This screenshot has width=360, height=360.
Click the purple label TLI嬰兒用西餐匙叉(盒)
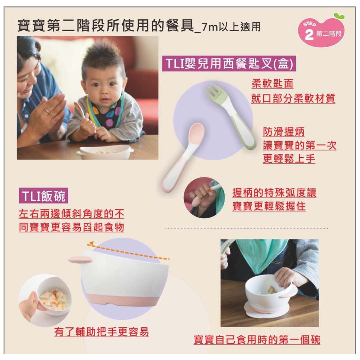pyautogui.click(x=229, y=63)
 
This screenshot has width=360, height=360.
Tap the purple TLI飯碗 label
pyautogui.click(x=44, y=196)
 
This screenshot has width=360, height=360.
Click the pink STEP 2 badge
pyautogui.click(x=321, y=31)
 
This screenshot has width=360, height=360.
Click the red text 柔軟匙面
pyautogui.click(x=272, y=84)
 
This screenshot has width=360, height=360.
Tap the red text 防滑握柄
pyautogui.click(x=284, y=132)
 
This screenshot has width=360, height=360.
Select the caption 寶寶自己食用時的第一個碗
pyautogui.click(x=257, y=340)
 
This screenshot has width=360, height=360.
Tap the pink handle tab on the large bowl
pyautogui.click(x=80, y=260)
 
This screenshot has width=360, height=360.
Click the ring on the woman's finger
pyautogui.click(x=47, y=111)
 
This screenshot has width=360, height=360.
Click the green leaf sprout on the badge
pyautogui.click(x=339, y=16)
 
